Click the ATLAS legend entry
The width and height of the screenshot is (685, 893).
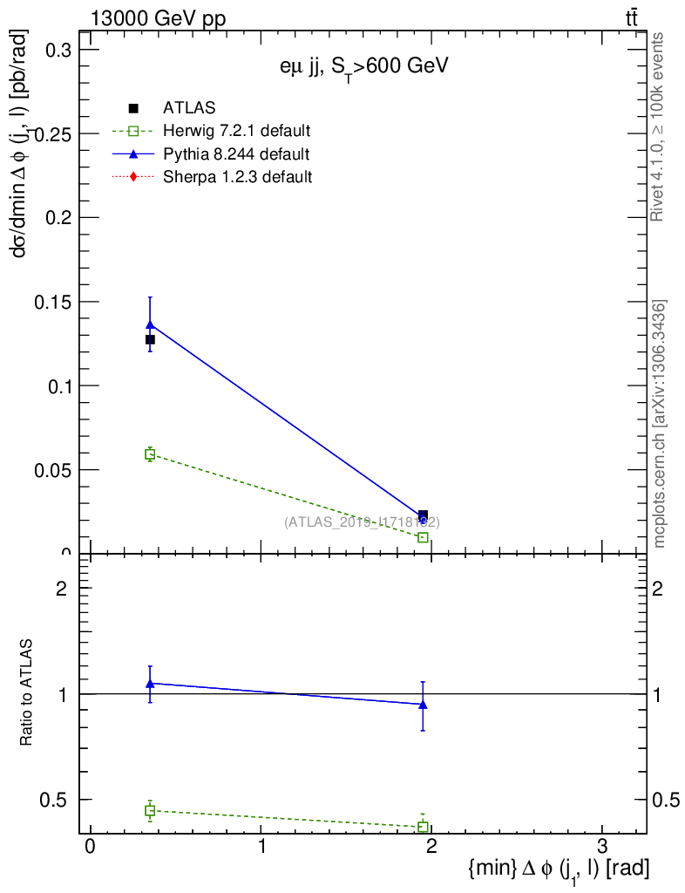coord(189,108)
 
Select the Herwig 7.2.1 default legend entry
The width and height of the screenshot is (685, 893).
coord(236,131)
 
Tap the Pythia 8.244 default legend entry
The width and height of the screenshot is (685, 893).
coord(235,154)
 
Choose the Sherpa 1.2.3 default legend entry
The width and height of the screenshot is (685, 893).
coord(237,177)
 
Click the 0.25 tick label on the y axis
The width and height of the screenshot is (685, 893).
coord(52,134)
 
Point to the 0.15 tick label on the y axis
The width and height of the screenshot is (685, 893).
coord(52,302)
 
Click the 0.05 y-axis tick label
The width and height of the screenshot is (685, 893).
coord(52,469)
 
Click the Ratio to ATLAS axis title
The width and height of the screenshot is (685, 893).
coord(27,693)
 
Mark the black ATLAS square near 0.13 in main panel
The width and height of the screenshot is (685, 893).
coord(150,339)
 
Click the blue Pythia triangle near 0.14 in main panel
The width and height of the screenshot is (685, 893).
coord(150,324)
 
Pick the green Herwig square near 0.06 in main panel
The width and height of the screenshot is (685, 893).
coord(150,454)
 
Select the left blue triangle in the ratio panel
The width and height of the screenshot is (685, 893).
coord(150,683)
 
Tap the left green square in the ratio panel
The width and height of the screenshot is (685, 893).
coord(150,811)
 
